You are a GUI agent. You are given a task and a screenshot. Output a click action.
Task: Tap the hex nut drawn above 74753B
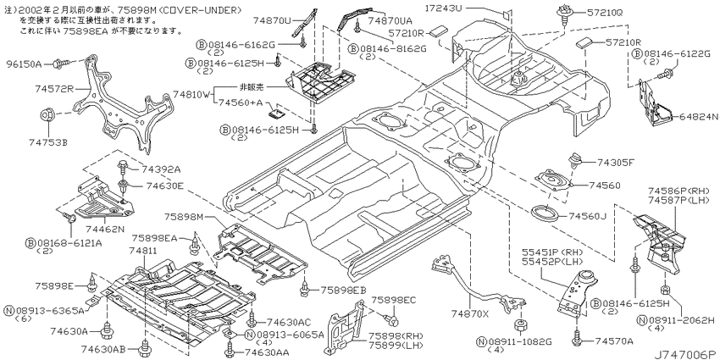(x=48, y=117)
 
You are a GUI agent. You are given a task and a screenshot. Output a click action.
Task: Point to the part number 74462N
(x=98, y=227)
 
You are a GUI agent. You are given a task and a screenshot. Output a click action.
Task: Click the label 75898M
(x=184, y=217)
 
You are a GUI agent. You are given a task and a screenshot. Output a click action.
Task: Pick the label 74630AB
(x=104, y=349)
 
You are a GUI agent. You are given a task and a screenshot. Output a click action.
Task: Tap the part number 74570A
(x=614, y=341)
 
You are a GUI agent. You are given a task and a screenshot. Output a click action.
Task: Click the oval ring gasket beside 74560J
(x=544, y=214)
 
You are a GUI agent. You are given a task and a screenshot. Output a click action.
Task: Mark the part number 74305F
(x=616, y=162)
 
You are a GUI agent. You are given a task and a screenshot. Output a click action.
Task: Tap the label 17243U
(x=444, y=8)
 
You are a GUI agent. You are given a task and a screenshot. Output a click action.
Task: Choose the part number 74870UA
(x=390, y=20)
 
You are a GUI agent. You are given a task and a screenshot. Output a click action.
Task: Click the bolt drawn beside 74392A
(x=123, y=168)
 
